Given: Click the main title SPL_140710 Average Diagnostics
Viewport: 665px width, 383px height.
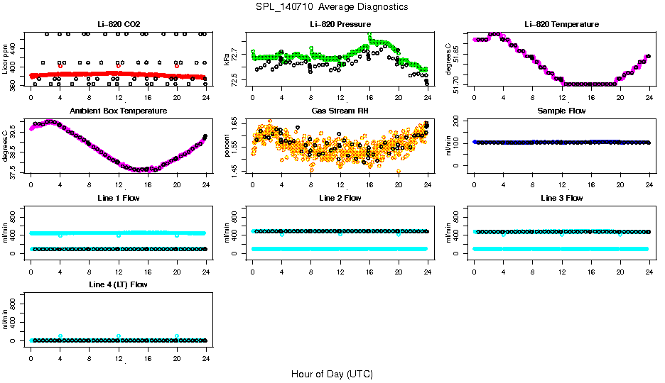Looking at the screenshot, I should [x=332, y=6].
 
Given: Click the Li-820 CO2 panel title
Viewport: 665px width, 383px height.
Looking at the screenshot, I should [x=118, y=24].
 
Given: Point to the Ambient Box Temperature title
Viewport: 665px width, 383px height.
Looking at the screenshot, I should [x=118, y=111].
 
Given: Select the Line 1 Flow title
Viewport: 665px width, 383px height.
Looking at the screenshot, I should [x=118, y=198].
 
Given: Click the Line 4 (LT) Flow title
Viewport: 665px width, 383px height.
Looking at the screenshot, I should [x=118, y=284].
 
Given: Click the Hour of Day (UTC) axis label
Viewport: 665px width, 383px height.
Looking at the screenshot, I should [x=332, y=374].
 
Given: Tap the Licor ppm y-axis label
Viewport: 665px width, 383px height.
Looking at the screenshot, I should [x=6, y=59].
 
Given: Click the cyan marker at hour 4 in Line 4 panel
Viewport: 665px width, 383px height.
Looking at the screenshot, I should [x=60, y=336].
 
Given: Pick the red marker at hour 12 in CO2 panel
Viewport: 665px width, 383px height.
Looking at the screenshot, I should [x=119, y=66].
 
